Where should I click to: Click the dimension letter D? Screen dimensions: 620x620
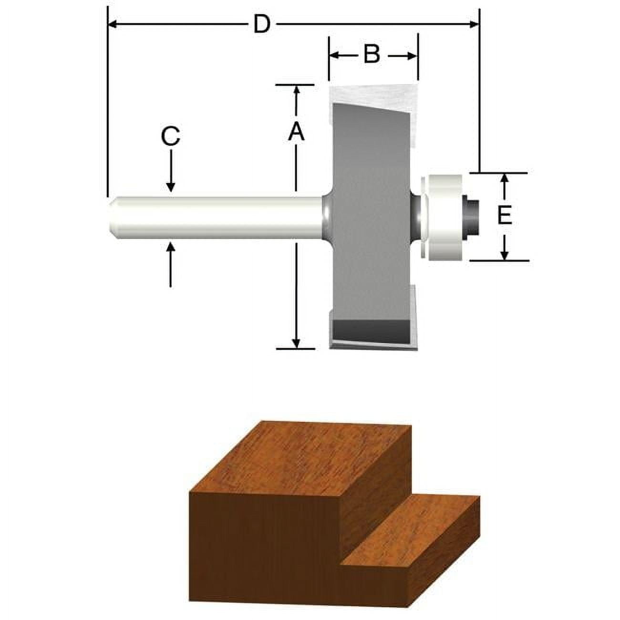coord(261,24)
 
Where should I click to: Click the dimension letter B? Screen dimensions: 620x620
coord(372,54)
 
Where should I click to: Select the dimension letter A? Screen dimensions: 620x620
coord(296,132)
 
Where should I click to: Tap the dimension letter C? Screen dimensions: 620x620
coord(170,136)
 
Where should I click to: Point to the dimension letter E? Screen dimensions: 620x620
coord(505,216)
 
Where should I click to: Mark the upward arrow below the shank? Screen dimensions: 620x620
coord(171,248)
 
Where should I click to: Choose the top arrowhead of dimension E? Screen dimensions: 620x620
coord(505,178)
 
